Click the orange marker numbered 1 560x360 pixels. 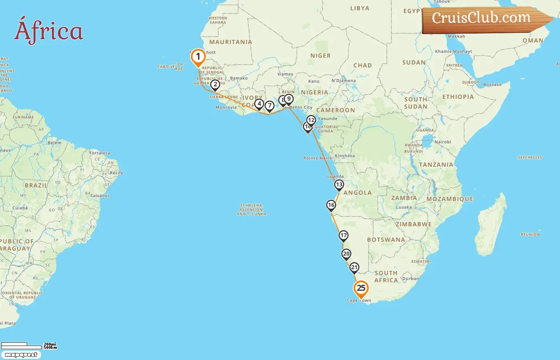pyautogui.click(x=198, y=57)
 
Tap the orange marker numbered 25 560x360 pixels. pyautogui.click(x=361, y=288)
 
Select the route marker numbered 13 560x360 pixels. pyautogui.click(x=339, y=185)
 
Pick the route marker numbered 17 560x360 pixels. pyautogui.click(x=344, y=236)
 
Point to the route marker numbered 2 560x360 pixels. pyautogui.click(x=215, y=84)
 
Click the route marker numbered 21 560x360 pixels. pyautogui.click(x=354, y=268)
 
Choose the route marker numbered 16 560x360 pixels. pyautogui.click(x=331, y=205)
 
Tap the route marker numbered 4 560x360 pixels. pyautogui.click(x=259, y=104)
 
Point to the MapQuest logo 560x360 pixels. pyautogui.click(x=21, y=355)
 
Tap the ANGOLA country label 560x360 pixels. pyautogui.click(x=358, y=193)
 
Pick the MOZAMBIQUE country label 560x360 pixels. pyautogui.click(x=450, y=199)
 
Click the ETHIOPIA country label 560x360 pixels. pyautogui.click(x=458, y=97)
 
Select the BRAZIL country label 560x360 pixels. pyautogui.click(x=36, y=186)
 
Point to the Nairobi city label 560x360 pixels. pyautogui.click(x=442, y=142)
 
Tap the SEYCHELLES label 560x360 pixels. pyautogui.click(x=530, y=158)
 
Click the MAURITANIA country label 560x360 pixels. pyautogui.click(x=231, y=42)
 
